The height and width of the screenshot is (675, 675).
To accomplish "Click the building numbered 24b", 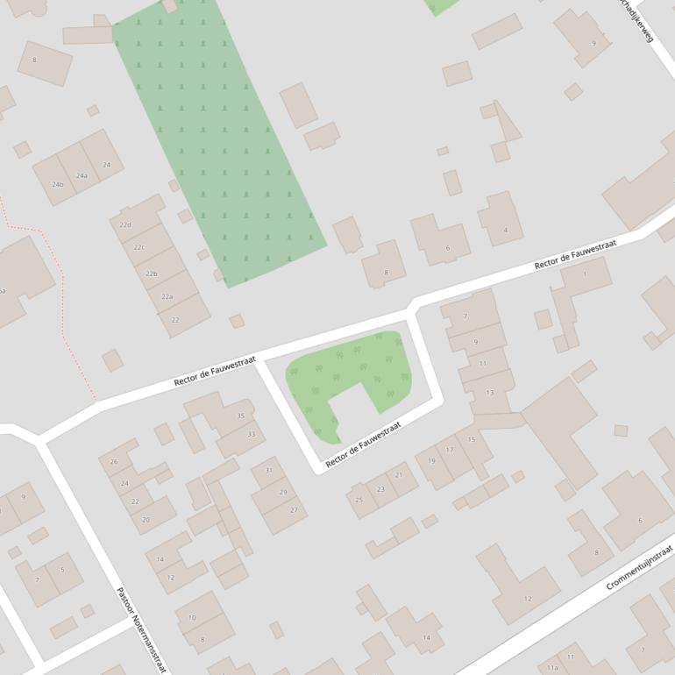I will coord(57,184).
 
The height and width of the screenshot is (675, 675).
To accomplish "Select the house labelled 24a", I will coord(81,175).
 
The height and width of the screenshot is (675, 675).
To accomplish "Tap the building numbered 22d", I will coord(127,225).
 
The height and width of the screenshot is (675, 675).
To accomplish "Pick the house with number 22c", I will coord(139,247).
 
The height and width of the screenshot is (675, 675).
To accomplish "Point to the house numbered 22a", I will coord(167,297).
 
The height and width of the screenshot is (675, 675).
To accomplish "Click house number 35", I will coord(240,416).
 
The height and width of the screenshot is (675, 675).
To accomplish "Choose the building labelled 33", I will coord(251,434).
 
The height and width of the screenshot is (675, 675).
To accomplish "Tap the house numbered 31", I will coord(268,471).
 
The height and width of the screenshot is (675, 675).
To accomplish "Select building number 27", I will coord(294,509).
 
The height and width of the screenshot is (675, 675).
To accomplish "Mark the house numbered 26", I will coord(114,462).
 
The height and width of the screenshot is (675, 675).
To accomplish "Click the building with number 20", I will coord(146,519).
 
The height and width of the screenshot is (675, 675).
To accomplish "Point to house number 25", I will coord(359,500).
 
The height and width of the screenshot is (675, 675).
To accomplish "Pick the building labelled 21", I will coord(400,475).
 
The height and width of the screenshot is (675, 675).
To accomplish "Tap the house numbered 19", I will coord(431,461).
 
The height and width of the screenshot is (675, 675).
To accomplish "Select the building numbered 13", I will coord(489,392).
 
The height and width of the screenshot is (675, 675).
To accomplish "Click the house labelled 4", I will coord(504,230).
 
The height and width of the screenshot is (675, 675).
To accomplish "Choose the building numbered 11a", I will coord(552,667).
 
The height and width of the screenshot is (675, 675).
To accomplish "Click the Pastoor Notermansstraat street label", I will coord(139,629).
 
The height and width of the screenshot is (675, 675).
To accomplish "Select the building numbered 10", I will coord(192,617).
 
